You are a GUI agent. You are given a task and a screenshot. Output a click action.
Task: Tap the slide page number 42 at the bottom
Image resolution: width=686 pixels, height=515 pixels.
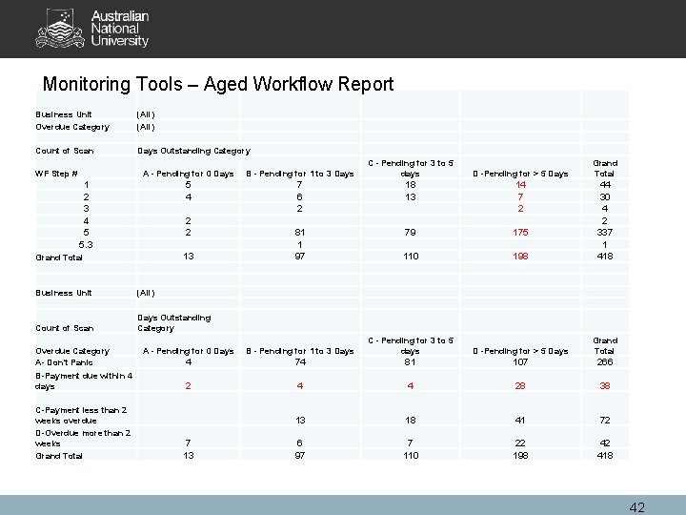coord(636,506)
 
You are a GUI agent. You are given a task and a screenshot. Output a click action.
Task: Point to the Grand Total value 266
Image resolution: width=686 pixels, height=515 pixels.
coord(604,362)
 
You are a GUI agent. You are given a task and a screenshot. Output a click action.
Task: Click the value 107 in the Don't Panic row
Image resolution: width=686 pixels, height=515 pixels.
coord(520,362)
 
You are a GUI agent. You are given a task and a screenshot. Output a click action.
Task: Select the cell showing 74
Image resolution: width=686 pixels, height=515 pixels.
coord(299,362)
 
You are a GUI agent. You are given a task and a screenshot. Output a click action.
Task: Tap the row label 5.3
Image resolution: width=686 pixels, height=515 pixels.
coord(88,244)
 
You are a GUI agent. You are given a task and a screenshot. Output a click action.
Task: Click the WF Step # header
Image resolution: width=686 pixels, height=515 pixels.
coord(55,174)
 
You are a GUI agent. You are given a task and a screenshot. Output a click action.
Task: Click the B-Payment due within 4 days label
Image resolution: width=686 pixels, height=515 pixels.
coord(84,381)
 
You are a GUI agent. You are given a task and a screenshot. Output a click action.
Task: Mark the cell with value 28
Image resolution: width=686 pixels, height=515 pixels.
coord(520,386)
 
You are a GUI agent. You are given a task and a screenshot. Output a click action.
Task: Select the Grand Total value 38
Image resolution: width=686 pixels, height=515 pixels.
coord(604,386)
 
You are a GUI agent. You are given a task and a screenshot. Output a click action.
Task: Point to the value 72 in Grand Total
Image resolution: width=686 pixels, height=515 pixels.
coord(604,421)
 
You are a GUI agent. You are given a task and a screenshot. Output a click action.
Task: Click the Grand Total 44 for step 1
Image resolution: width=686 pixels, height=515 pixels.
coord(604,184)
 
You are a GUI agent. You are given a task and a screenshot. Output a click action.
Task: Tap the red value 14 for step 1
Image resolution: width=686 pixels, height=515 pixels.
coord(520,184)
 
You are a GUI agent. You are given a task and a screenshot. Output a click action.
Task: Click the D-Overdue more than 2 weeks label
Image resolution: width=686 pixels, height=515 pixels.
coord(84,438)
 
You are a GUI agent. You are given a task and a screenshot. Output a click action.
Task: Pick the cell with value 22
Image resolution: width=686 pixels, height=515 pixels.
coord(520,443)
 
